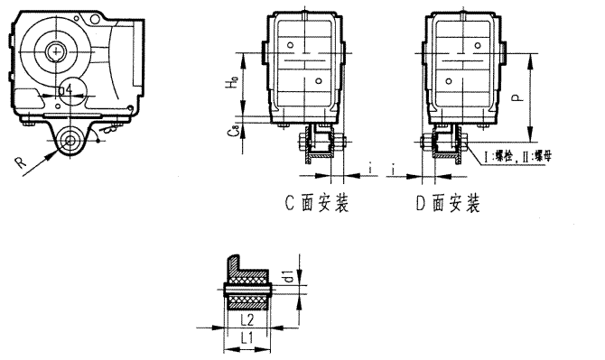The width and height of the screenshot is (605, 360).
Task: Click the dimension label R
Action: pos(20,162)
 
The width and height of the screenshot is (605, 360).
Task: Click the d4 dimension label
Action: pos(63,90)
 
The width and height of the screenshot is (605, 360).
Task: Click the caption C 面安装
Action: pos(317,204)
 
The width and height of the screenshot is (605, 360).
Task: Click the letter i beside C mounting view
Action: pos(370,167)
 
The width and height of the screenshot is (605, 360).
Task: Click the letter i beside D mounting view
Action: pos(396,167)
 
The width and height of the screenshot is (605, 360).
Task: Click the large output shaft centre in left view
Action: pos(57,53)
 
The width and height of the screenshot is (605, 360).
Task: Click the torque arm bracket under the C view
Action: pos(318,145)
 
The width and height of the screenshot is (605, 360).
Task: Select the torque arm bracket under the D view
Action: pos(448,145)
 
